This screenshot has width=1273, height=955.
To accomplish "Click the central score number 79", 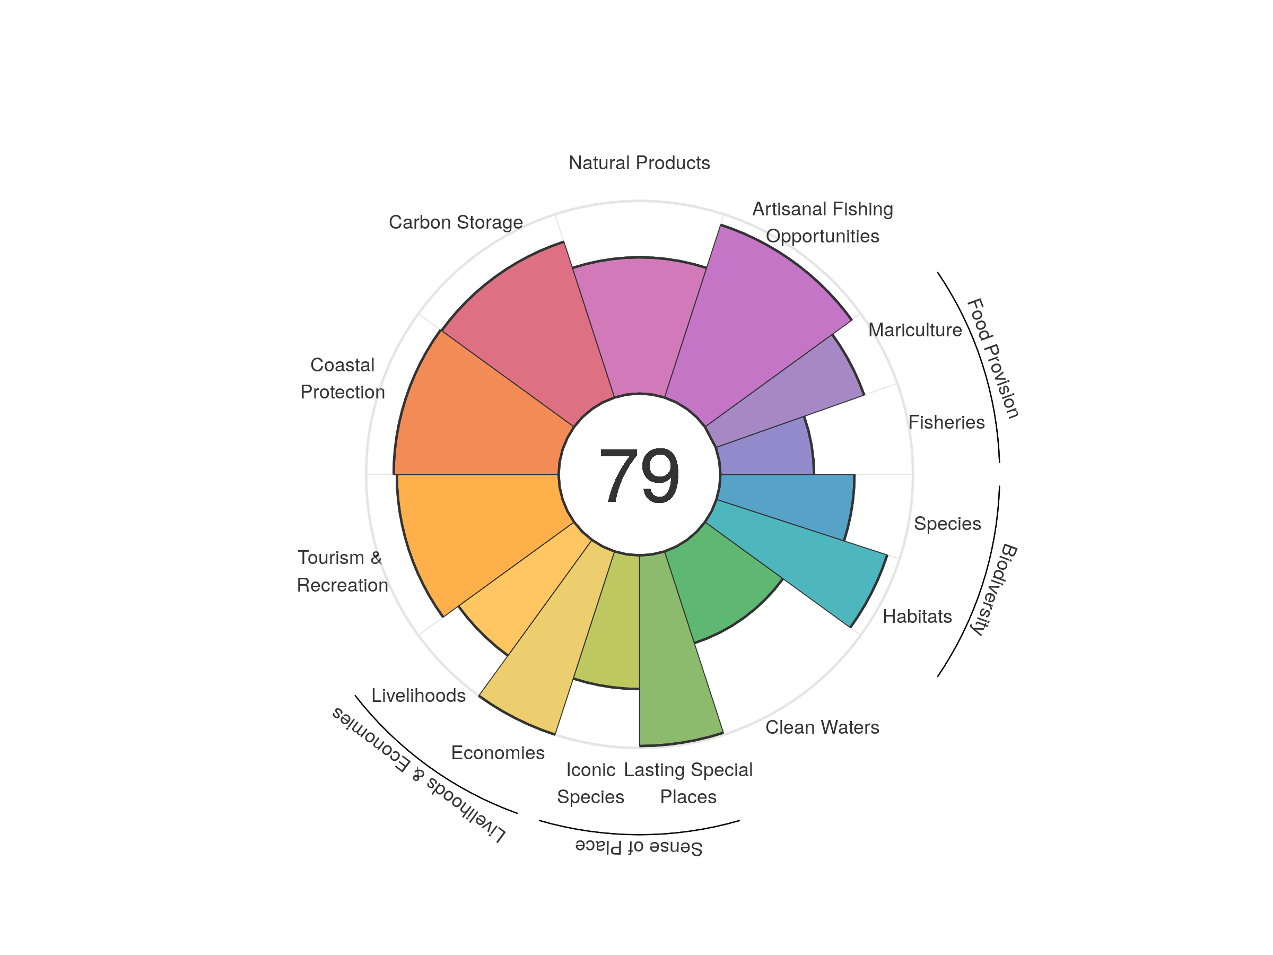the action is coord(639,475).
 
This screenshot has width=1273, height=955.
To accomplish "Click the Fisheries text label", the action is coord(946,422).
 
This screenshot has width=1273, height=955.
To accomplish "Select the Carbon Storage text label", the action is coord(456,222).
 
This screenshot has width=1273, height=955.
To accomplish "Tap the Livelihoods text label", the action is coord(418,696).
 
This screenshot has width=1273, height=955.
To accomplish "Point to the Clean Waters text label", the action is coord(822,727).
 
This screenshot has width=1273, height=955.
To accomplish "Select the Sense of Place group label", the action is coord(639,847).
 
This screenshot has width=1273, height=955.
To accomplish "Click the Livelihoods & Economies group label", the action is coord(419,774).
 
